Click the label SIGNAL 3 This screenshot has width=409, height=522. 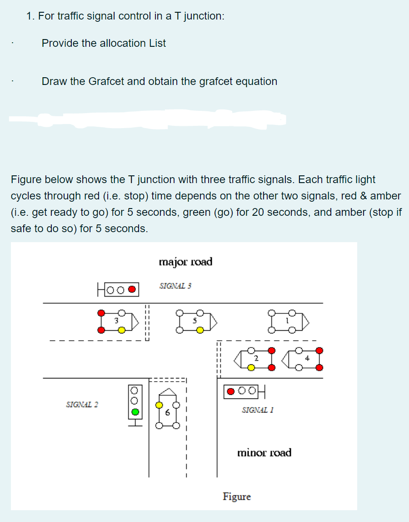coord(175,286)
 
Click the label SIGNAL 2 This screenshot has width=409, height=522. coord(82,404)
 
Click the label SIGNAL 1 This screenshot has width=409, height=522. coord(258,410)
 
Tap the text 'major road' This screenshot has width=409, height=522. coord(185,262)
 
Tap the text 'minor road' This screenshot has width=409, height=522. coord(264,452)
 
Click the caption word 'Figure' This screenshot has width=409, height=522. coord(236,497)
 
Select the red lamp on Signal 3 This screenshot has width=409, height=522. coord(132,289)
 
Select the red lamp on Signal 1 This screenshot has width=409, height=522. coord(231,390)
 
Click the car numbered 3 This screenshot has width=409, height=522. coord(117,321)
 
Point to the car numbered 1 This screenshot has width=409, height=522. coord(288,321)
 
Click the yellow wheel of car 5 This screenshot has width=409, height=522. coord(200,330)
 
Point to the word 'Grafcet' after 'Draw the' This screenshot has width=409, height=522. coord(106,81)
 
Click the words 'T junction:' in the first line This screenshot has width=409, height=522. coord(200,16)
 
